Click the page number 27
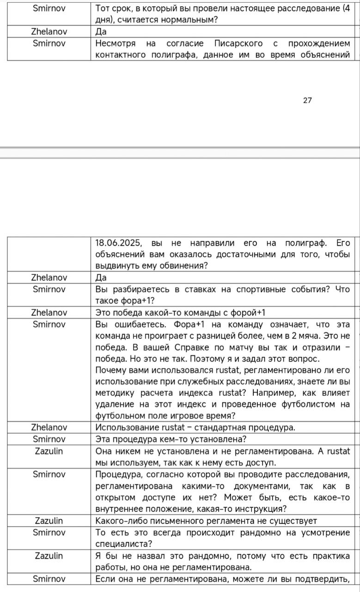307,100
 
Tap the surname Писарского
238,43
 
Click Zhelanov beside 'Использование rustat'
49,427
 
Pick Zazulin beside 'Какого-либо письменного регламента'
49,521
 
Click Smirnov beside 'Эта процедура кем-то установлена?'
49,439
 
